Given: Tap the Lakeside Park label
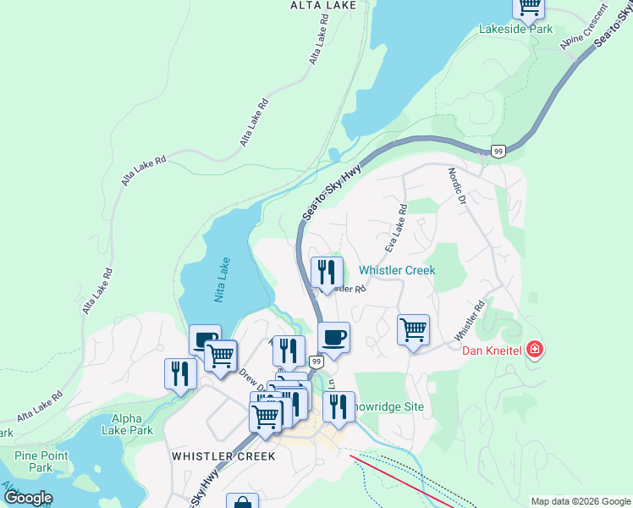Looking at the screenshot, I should click(515, 29).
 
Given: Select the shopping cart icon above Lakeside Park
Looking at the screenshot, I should click(529, 7).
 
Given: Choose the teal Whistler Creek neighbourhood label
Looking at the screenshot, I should click(397, 270).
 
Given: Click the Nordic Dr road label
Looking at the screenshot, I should click(457, 187).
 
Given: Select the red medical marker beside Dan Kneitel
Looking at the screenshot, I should click(534, 349).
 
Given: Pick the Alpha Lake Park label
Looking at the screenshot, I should click(132, 424).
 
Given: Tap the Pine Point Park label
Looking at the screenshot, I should click(41, 461).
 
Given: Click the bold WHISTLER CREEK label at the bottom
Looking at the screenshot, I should click(223, 456).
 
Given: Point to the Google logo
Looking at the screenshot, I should click(28, 498).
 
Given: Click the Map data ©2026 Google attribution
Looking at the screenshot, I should click(580, 501).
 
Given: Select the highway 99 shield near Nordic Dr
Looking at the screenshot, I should click(498, 152).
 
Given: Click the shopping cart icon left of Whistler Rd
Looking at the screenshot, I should click(413, 329).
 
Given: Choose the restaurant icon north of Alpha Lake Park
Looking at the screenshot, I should click(180, 373).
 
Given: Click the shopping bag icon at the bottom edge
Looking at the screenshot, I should click(242, 501).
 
